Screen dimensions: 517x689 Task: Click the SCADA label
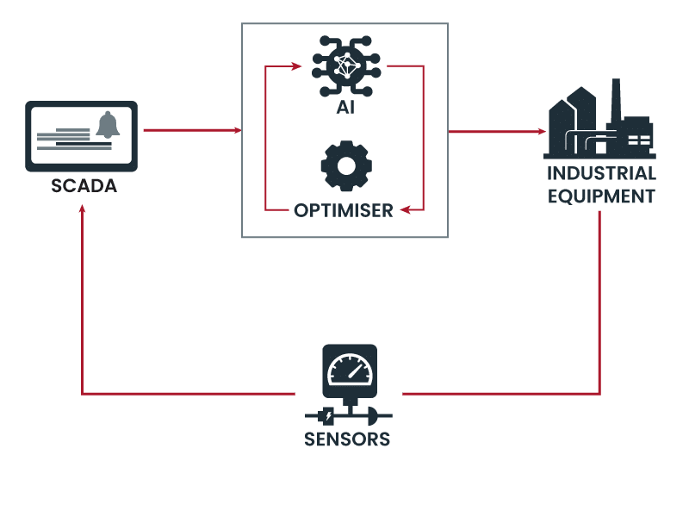83,186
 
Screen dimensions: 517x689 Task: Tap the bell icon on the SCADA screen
109,126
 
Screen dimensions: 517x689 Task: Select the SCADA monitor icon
82,136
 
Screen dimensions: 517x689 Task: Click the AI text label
345,109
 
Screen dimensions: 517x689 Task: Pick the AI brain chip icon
346,66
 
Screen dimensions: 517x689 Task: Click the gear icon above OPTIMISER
346,165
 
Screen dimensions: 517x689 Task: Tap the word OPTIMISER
343,209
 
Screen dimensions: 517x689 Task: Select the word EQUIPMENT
601,196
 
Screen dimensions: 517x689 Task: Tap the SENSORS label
347,440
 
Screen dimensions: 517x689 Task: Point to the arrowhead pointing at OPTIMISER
406,209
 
